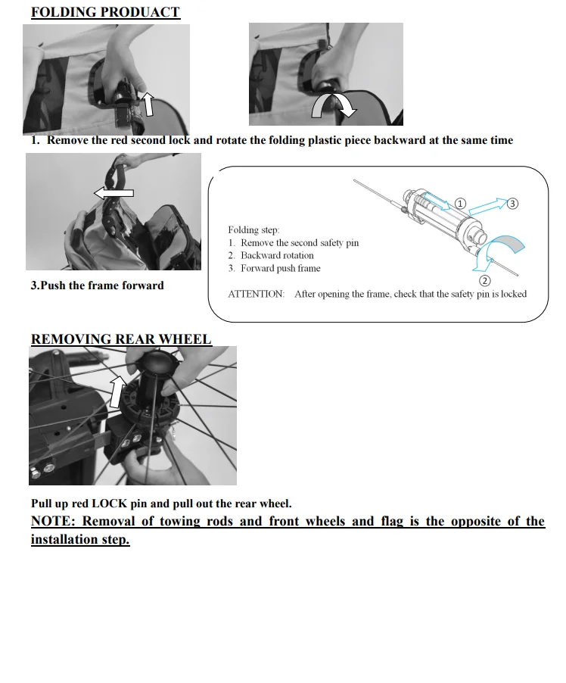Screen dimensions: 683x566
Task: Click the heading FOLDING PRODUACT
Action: click(x=105, y=12)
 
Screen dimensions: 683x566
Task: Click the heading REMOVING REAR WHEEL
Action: click(x=121, y=338)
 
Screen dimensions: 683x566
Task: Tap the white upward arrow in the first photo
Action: click(x=149, y=103)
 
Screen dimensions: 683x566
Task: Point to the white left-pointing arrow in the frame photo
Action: click(x=113, y=194)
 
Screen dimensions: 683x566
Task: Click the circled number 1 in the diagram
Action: click(x=461, y=204)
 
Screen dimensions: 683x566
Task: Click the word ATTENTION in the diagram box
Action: click(x=257, y=294)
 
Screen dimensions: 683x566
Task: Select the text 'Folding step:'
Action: click(x=253, y=229)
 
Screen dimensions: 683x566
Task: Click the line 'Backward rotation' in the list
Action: click(x=277, y=255)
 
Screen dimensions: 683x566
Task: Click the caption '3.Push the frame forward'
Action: click(x=97, y=285)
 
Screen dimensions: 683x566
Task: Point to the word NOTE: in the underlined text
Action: click(x=52, y=521)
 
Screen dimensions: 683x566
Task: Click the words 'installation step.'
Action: click(x=80, y=540)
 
